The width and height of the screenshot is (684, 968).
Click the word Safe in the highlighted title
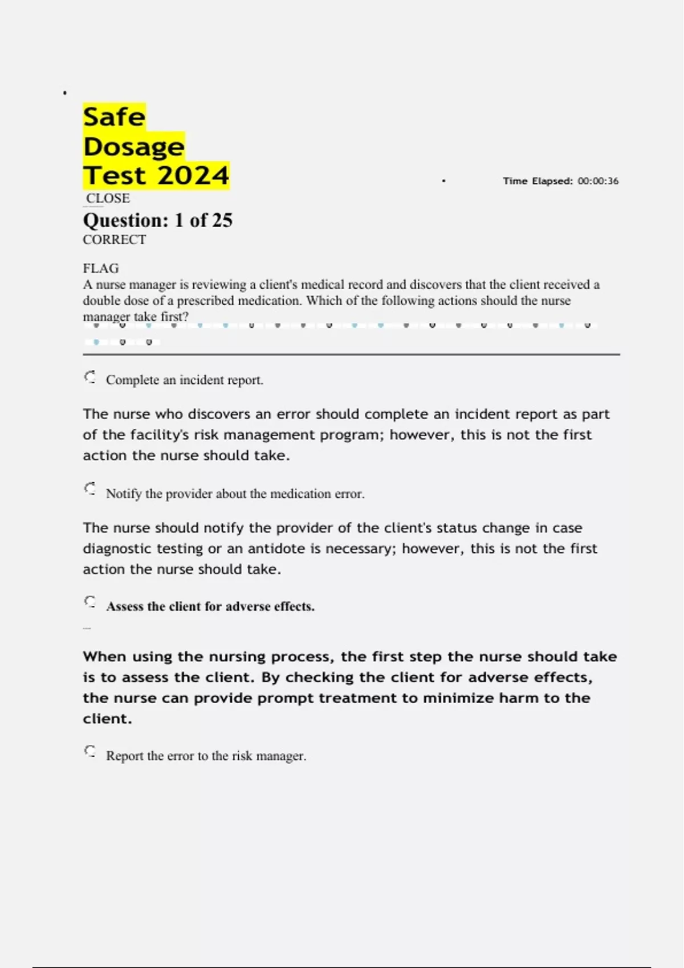(x=114, y=117)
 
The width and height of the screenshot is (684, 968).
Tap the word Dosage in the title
(x=133, y=147)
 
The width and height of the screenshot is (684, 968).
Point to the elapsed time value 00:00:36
(x=598, y=181)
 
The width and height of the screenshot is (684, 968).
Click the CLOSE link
(x=108, y=198)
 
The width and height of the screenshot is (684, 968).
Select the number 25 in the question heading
(x=222, y=220)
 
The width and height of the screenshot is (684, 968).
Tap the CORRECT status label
(x=114, y=240)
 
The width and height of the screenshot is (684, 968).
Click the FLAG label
(x=101, y=268)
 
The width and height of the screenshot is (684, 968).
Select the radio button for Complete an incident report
(x=90, y=377)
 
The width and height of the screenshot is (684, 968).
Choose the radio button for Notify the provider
(x=90, y=489)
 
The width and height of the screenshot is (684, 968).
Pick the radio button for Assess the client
(x=90, y=602)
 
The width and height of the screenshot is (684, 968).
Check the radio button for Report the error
(x=90, y=752)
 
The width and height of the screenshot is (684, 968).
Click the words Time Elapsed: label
(x=538, y=181)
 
